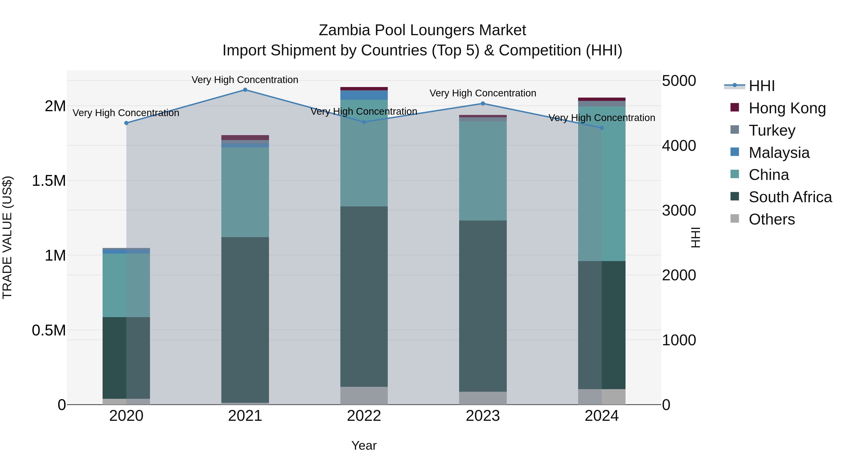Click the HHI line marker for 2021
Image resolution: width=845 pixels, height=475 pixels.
245,90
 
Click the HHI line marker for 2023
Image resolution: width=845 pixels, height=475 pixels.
483,104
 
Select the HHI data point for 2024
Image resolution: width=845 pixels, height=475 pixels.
602,128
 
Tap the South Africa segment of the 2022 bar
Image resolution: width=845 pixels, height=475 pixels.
364,297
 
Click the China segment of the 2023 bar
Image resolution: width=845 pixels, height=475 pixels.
483,171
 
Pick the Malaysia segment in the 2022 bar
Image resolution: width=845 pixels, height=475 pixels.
364,95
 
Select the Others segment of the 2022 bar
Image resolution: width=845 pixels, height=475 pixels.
364,396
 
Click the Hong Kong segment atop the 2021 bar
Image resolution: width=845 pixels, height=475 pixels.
245,137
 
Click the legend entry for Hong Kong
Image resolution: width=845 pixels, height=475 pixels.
787,108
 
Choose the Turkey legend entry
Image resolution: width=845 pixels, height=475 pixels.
772,130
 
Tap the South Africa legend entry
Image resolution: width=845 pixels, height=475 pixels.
790,197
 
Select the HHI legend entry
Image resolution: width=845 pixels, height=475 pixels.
761,86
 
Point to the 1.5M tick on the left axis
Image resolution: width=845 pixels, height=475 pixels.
49,181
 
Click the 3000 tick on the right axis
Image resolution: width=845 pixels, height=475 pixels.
679,210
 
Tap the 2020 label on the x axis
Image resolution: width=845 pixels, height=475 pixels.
126,416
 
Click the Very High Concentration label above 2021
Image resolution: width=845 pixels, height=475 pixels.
245,80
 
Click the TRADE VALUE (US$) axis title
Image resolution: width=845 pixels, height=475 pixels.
7,237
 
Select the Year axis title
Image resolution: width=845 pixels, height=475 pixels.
364,445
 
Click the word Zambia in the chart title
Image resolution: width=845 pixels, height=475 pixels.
344,30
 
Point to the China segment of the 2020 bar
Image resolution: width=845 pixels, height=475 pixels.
126,285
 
